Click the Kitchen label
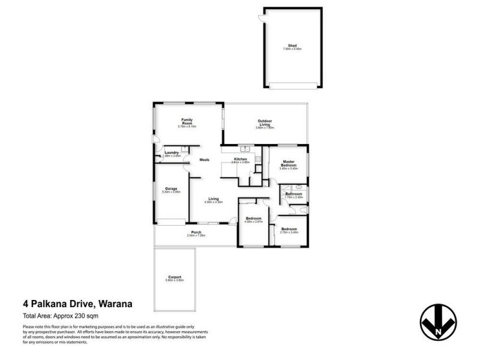pos(240,160)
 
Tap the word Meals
pos(204,160)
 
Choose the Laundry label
pos(172,154)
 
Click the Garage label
pos(171,190)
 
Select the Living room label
pos(214,200)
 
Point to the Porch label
pos(196,233)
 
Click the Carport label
pos(174,278)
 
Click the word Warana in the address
pos(112,304)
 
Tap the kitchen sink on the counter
pos(245,149)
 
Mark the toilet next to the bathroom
pos(303,211)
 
